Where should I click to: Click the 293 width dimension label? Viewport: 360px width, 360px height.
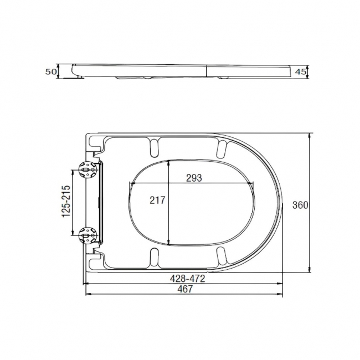coord(193,178)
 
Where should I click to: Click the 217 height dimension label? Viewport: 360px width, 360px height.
coord(158,200)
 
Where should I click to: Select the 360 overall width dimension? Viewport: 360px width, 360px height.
coord(300,205)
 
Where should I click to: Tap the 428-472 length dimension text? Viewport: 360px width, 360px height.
coord(187,279)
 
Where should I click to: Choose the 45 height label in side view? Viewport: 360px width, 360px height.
coord(301,71)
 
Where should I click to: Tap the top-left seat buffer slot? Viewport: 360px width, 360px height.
coord(153,147)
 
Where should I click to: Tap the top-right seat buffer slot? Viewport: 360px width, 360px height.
coord(222,147)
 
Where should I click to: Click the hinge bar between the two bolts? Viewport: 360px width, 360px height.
coord(100,203)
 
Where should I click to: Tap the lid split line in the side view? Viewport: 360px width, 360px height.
coord(207,70)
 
